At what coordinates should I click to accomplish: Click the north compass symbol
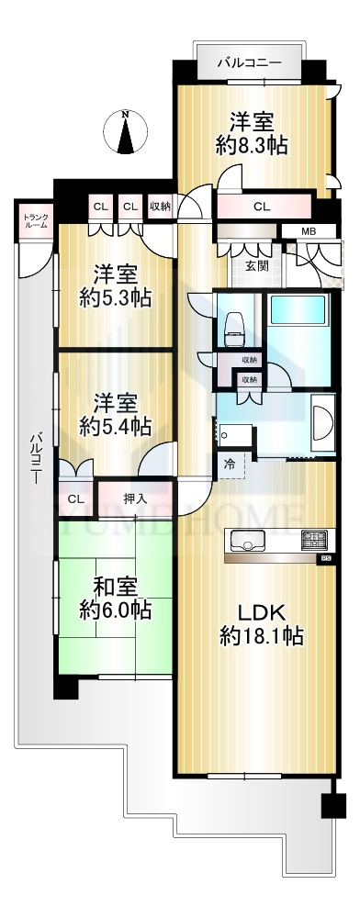tap(125, 132)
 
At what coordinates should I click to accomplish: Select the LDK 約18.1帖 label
tap(261, 624)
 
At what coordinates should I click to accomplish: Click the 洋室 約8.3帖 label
tap(252, 133)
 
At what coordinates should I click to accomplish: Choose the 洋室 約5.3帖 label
tap(116, 285)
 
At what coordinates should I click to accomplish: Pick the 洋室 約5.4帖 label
tap(116, 415)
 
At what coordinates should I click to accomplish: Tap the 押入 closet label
tap(135, 498)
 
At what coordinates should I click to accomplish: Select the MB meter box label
tap(309, 230)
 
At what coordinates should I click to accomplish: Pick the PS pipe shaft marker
tap(326, 559)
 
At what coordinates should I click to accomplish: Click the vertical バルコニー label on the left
tap(37, 456)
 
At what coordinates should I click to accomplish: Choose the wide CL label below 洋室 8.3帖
tap(262, 206)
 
